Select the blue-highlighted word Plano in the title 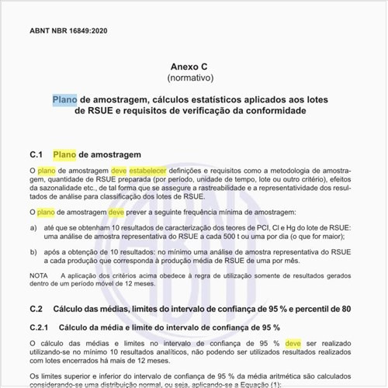pos(64,99)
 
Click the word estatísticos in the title pos(206,99)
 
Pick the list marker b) pos(33,252)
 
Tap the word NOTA pos(38,275)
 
